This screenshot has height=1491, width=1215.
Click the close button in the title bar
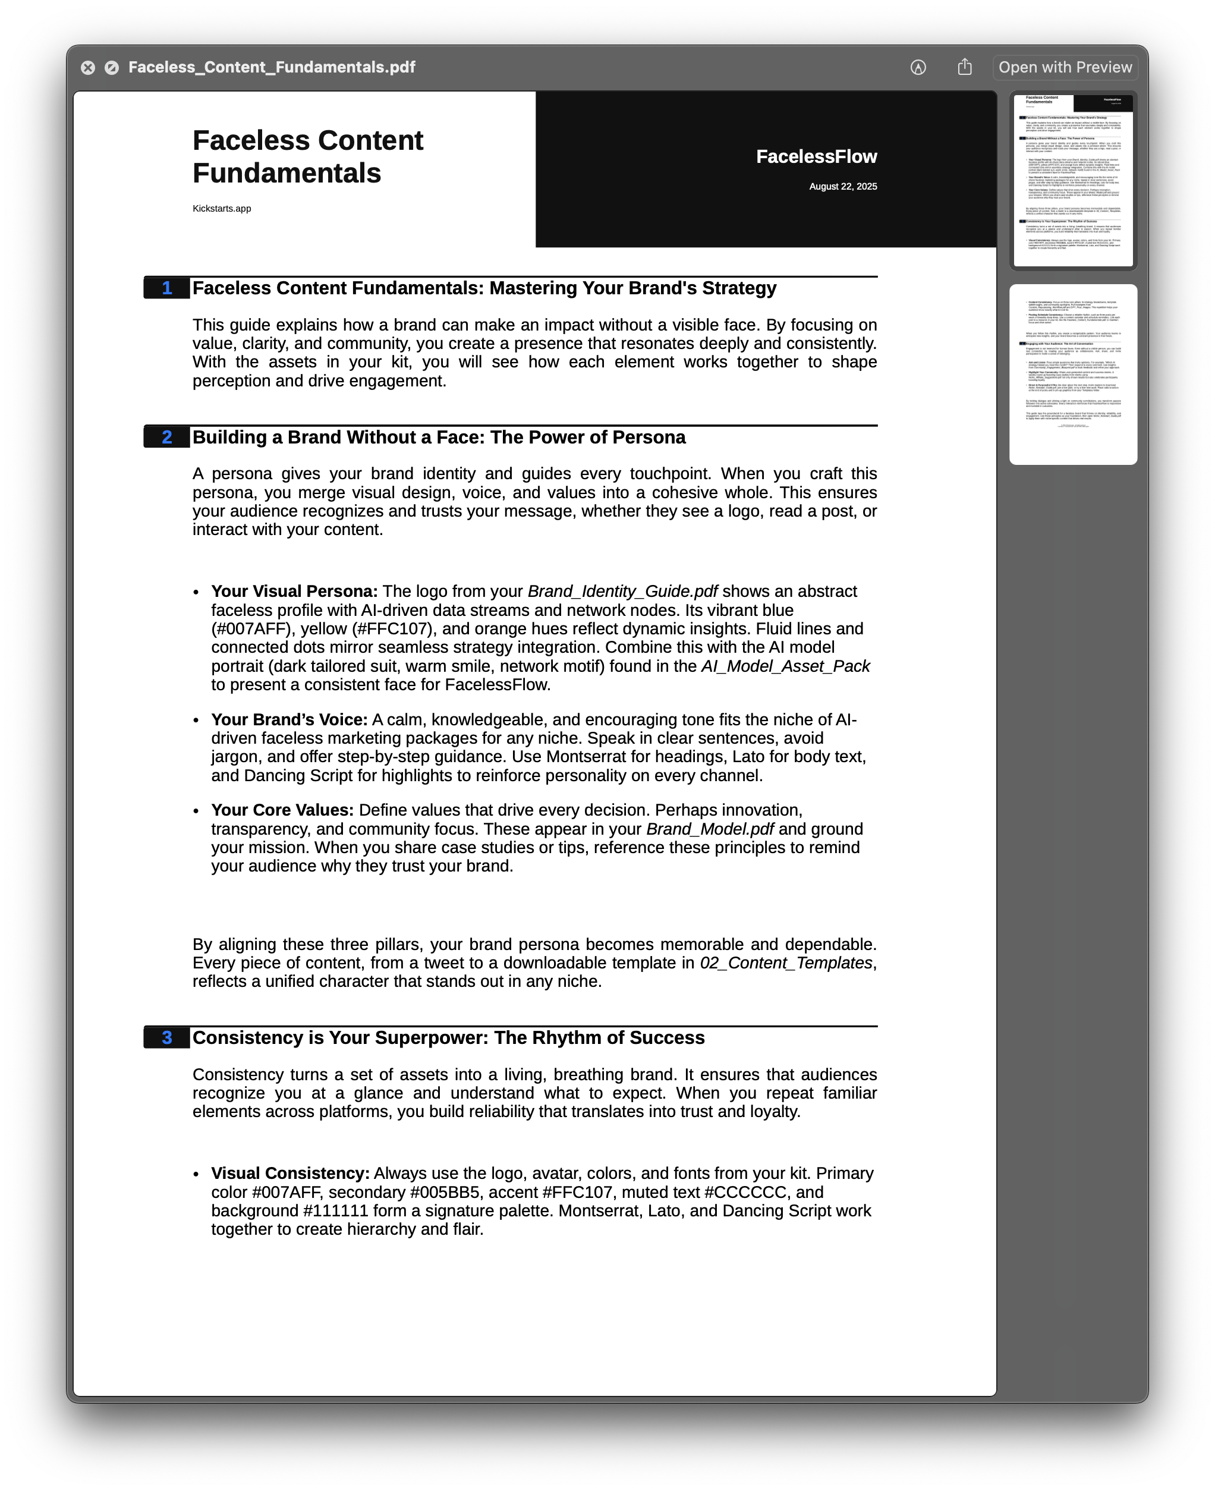pos(87,68)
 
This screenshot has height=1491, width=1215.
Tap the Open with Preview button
pos(1065,68)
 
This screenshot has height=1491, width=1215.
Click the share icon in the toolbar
pos(964,67)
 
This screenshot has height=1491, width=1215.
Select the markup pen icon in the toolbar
pos(918,68)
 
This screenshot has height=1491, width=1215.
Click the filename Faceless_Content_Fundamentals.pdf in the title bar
pos(272,68)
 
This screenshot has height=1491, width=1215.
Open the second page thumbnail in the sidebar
pos(1073,375)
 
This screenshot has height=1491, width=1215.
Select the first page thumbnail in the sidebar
pos(1073,181)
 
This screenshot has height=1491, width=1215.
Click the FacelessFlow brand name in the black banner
pos(816,157)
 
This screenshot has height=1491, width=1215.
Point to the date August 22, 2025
pos(843,187)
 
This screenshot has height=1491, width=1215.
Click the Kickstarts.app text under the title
pos(222,209)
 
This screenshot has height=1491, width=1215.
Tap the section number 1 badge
pos(166,288)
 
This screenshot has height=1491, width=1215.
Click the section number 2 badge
pos(166,438)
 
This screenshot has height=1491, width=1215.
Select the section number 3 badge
pos(166,1037)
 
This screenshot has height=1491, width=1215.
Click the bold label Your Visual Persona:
pos(294,592)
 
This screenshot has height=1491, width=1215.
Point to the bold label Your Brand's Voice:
pos(289,719)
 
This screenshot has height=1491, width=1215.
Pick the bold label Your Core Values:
pos(282,810)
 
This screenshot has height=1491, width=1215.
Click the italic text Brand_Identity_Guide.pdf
pos(622,592)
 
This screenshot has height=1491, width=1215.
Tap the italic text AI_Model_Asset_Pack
pos(785,666)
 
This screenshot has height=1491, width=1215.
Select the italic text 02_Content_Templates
pos(786,963)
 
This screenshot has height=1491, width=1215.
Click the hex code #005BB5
pos(445,1192)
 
